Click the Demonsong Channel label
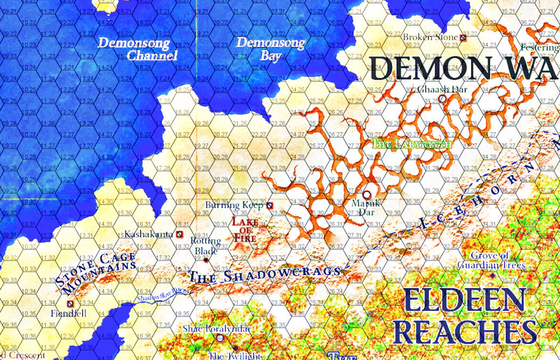tap(138, 49)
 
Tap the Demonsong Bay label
tap(270, 49)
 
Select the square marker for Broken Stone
tap(463, 37)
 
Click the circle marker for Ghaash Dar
tap(442, 99)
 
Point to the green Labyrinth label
tap(412, 144)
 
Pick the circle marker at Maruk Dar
tap(367, 194)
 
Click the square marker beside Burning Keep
tap(269, 205)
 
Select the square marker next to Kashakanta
tap(179, 234)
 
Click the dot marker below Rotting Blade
tap(206, 260)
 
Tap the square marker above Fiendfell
tap(71, 303)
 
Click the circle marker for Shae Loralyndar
tap(220, 338)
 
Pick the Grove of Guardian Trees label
tap(491, 260)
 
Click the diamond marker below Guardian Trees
tap(492, 275)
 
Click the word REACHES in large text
tap(465, 332)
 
